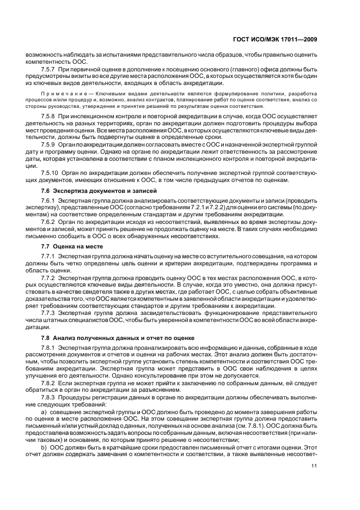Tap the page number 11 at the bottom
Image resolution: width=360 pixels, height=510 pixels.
(314, 465)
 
